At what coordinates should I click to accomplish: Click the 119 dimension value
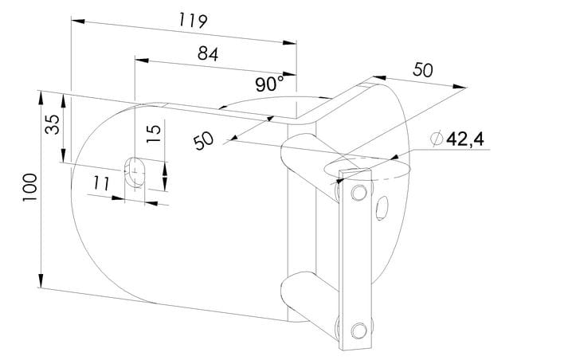pos(193,21)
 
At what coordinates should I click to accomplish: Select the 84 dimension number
pos(208,54)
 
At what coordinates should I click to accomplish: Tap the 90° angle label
pos(269,84)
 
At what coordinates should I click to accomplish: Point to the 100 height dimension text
pos(29,187)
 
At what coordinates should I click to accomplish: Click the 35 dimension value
pos(53,124)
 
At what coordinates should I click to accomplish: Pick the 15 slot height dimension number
pos(154,134)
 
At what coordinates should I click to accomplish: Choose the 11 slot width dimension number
pos(101,184)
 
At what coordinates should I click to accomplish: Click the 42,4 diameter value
pos(465,139)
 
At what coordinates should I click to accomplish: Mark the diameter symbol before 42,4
pos(437,139)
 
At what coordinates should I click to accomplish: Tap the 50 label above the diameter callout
pos(423,70)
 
